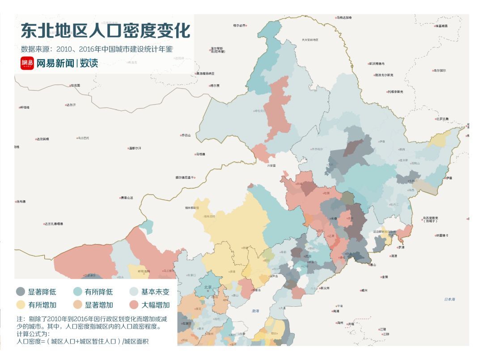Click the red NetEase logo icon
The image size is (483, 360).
[27, 64]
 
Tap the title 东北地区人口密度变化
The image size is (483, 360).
[106, 31]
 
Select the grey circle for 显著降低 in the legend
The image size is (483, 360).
[21, 292]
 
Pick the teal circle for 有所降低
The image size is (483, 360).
[77, 292]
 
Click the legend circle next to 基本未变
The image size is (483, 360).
[134, 292]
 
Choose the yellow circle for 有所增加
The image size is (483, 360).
[21, 305]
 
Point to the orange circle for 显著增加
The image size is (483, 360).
[77, 305]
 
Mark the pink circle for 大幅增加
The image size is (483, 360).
[134, 305]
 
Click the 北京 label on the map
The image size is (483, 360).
[208, 288]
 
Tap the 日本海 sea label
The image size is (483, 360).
[449, 299]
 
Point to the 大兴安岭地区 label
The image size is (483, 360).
[309, 40]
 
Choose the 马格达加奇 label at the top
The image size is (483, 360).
[344, 17]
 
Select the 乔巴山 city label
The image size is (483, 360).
[186, 135]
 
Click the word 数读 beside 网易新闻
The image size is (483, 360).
[89, 64]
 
